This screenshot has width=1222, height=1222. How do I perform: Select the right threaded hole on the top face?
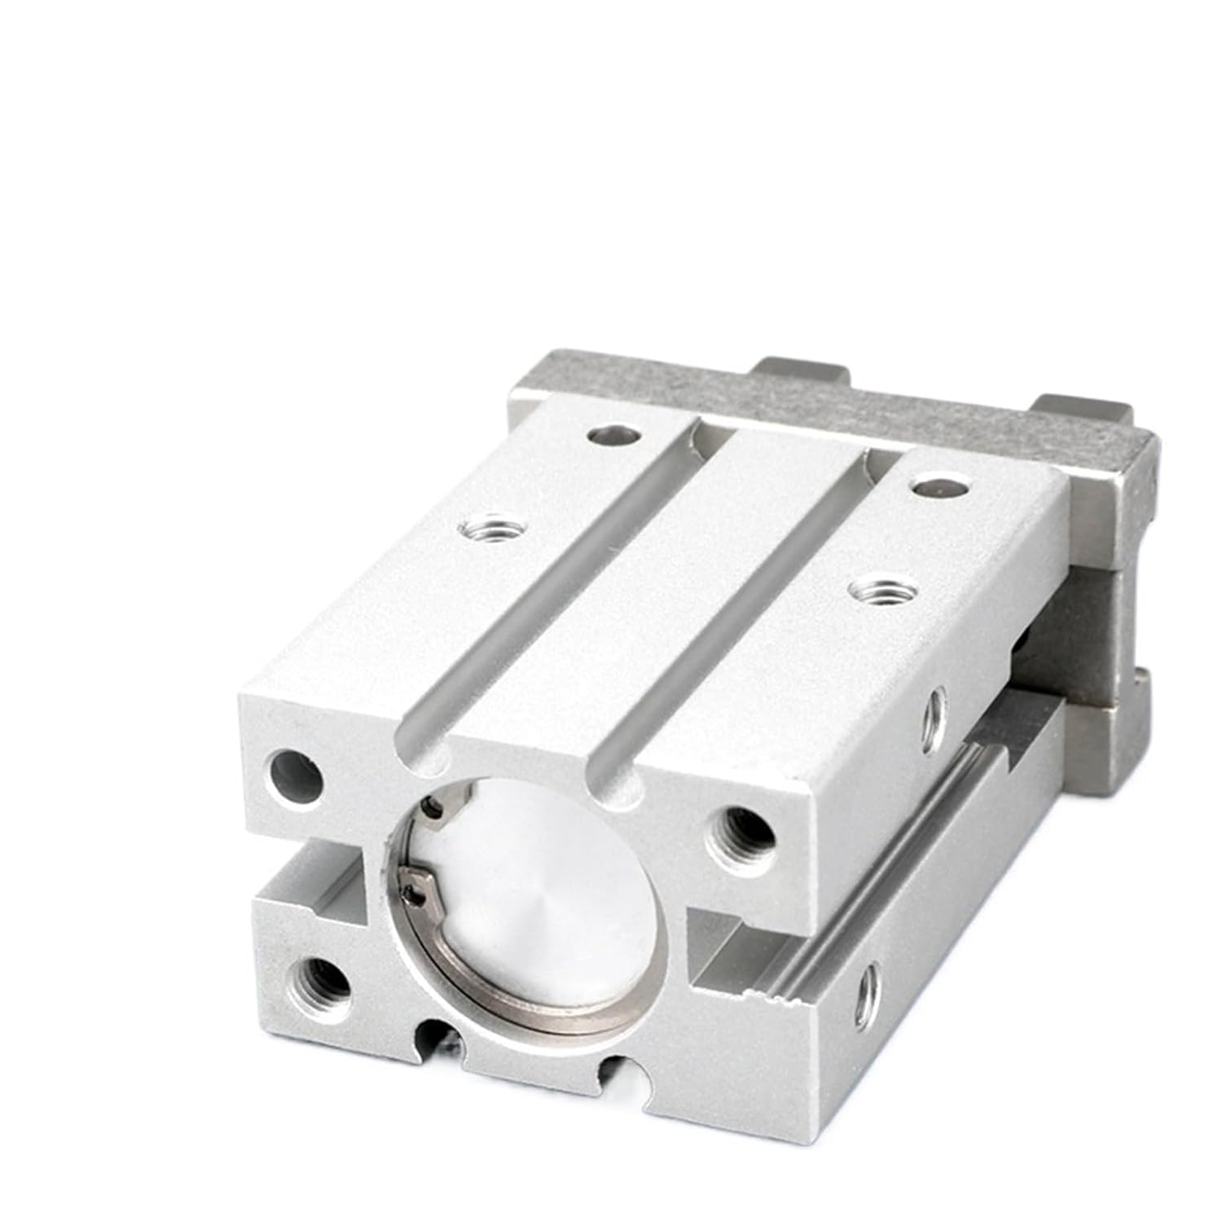click(872, 588)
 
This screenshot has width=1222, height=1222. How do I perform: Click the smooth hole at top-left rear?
click(613, 436)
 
